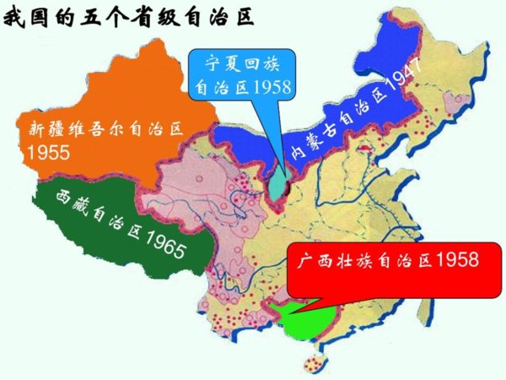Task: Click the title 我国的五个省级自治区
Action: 129,18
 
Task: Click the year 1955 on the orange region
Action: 49,154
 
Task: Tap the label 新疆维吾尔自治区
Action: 105,130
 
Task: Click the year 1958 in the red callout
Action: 456,258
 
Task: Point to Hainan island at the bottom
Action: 315,363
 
